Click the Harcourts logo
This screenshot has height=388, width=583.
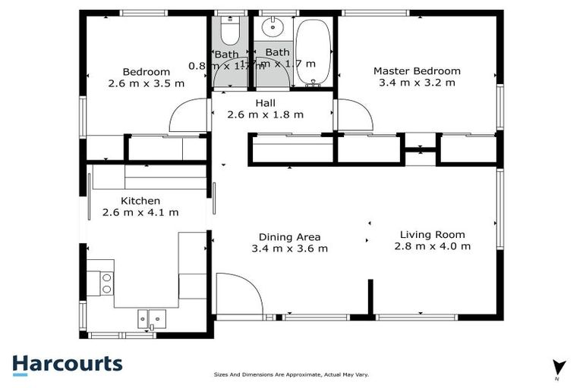(x=67, y=364)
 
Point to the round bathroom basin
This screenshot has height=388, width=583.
(x=272, y=29)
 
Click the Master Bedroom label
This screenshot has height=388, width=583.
(x=417, y=71)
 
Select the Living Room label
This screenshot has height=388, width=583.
(x=432, y=234)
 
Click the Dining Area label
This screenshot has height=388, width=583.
(x=289, y=236)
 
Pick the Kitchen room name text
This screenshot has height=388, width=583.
(x=140, y=201)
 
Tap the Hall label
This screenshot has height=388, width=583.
(x=266, y=103)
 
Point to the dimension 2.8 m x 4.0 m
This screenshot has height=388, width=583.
(x=432, y=246)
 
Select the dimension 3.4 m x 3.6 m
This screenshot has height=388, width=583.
(x=289, y=249)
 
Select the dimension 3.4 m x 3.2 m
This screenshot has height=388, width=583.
(x=417, y=83)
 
